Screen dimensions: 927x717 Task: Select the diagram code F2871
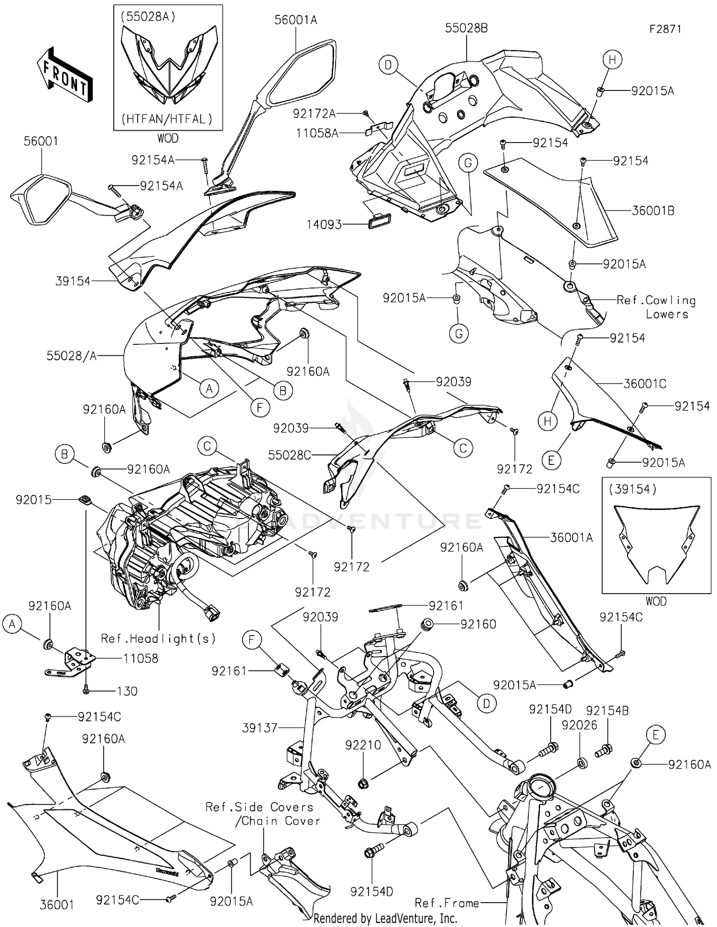[665, 29]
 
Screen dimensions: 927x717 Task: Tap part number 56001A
[295, 20]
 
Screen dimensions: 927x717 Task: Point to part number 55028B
[466, 28]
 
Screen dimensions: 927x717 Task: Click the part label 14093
[324, 224]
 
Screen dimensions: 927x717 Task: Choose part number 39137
[260, 728]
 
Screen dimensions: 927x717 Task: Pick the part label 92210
[363, 745]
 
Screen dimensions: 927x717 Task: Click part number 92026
[579, 725]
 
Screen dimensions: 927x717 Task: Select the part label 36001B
[653, 210]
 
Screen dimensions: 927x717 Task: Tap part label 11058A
[317, 133]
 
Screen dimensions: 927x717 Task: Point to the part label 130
[127, 691]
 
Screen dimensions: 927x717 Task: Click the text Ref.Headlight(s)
[158, 639]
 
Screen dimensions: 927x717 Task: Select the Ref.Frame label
[446, 903]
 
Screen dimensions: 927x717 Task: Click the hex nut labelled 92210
[363, 784]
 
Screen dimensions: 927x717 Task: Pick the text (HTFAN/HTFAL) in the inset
[167, 119]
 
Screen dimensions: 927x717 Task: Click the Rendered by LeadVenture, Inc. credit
[385, 918]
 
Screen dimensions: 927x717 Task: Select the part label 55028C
[289, 455]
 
